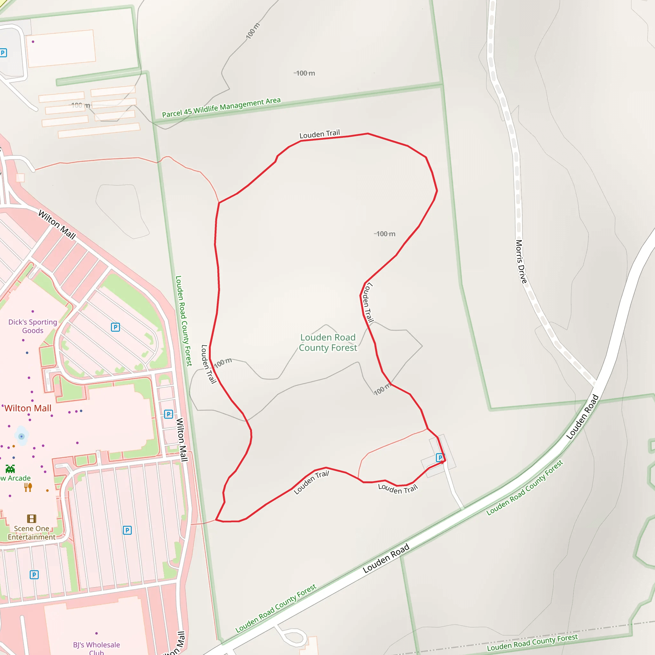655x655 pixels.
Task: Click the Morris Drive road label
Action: (x=521, y=261)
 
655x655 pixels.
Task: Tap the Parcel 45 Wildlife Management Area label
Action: (x=221, y=107)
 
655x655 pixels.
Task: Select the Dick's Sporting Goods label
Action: (x=33, y=326)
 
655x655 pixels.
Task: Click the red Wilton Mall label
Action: (x=28, y=408)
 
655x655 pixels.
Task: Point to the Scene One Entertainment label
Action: (x=32, y=533)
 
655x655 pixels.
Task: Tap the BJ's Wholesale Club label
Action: (x=97, y=648)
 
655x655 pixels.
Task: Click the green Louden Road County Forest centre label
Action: (x=328, y=343)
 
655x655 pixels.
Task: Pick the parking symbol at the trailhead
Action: (x=440, y=458)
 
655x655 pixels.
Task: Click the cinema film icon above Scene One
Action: (x=32, y=519)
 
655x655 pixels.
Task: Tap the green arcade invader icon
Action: (x=10, y=469)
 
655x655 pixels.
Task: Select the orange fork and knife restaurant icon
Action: (x=28, y=487)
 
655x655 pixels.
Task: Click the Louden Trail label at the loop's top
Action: (x=320, y=134)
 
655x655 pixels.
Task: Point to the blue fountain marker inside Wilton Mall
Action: (x=22, y=436)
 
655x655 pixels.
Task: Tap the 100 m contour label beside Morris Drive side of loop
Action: (x=385, y=234)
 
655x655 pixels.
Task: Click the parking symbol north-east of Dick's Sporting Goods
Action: (x=115, y=327)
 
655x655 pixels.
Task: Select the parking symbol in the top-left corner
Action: (x=3, y=53)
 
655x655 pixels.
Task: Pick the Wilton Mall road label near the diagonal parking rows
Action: (x=57, y=225)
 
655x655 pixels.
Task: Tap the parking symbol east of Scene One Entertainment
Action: (x=127, y=530)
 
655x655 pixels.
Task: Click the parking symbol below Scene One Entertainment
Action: (x=34, y=575)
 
